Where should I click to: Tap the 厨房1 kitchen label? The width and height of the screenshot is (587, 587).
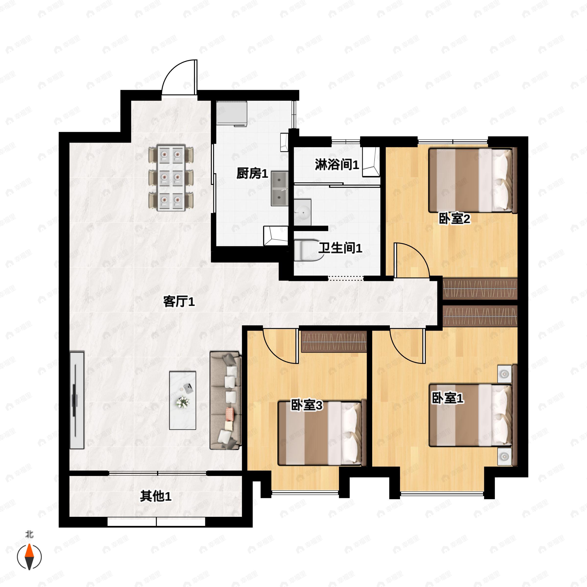[x=252, y=174]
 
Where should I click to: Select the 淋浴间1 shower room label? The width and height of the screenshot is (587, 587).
[x=337, y=165]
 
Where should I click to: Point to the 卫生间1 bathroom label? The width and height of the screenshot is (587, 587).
[x=340, y=248]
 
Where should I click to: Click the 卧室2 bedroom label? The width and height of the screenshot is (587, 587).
[x=454, y=218]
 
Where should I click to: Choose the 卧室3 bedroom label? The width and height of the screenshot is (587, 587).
[x=306, y=405]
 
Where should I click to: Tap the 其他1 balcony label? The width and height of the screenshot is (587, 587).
[x=156, y=497]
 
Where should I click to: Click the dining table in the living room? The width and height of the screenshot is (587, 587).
[x=171, y=178]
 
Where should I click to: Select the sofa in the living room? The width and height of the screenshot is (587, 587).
[x=226, y=400]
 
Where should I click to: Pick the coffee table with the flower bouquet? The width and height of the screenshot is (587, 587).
[x=182, y=400]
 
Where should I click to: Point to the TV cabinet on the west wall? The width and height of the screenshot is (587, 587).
[x=77, y=400]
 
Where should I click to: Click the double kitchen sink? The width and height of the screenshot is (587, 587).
[x=280, y=188]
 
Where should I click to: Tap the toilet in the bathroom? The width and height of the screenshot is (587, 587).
[x=308, y=250]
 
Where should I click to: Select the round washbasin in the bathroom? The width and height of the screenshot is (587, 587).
[x=303, y=212]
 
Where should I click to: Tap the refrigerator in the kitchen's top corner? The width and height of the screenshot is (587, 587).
[x=232, y=113]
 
